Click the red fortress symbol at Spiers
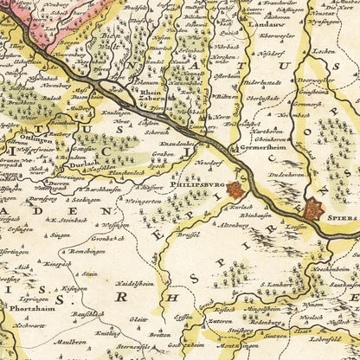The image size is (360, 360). pos(313,209)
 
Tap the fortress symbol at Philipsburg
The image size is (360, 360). pos(234,189)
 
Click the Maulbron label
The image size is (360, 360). pos(68,342)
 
